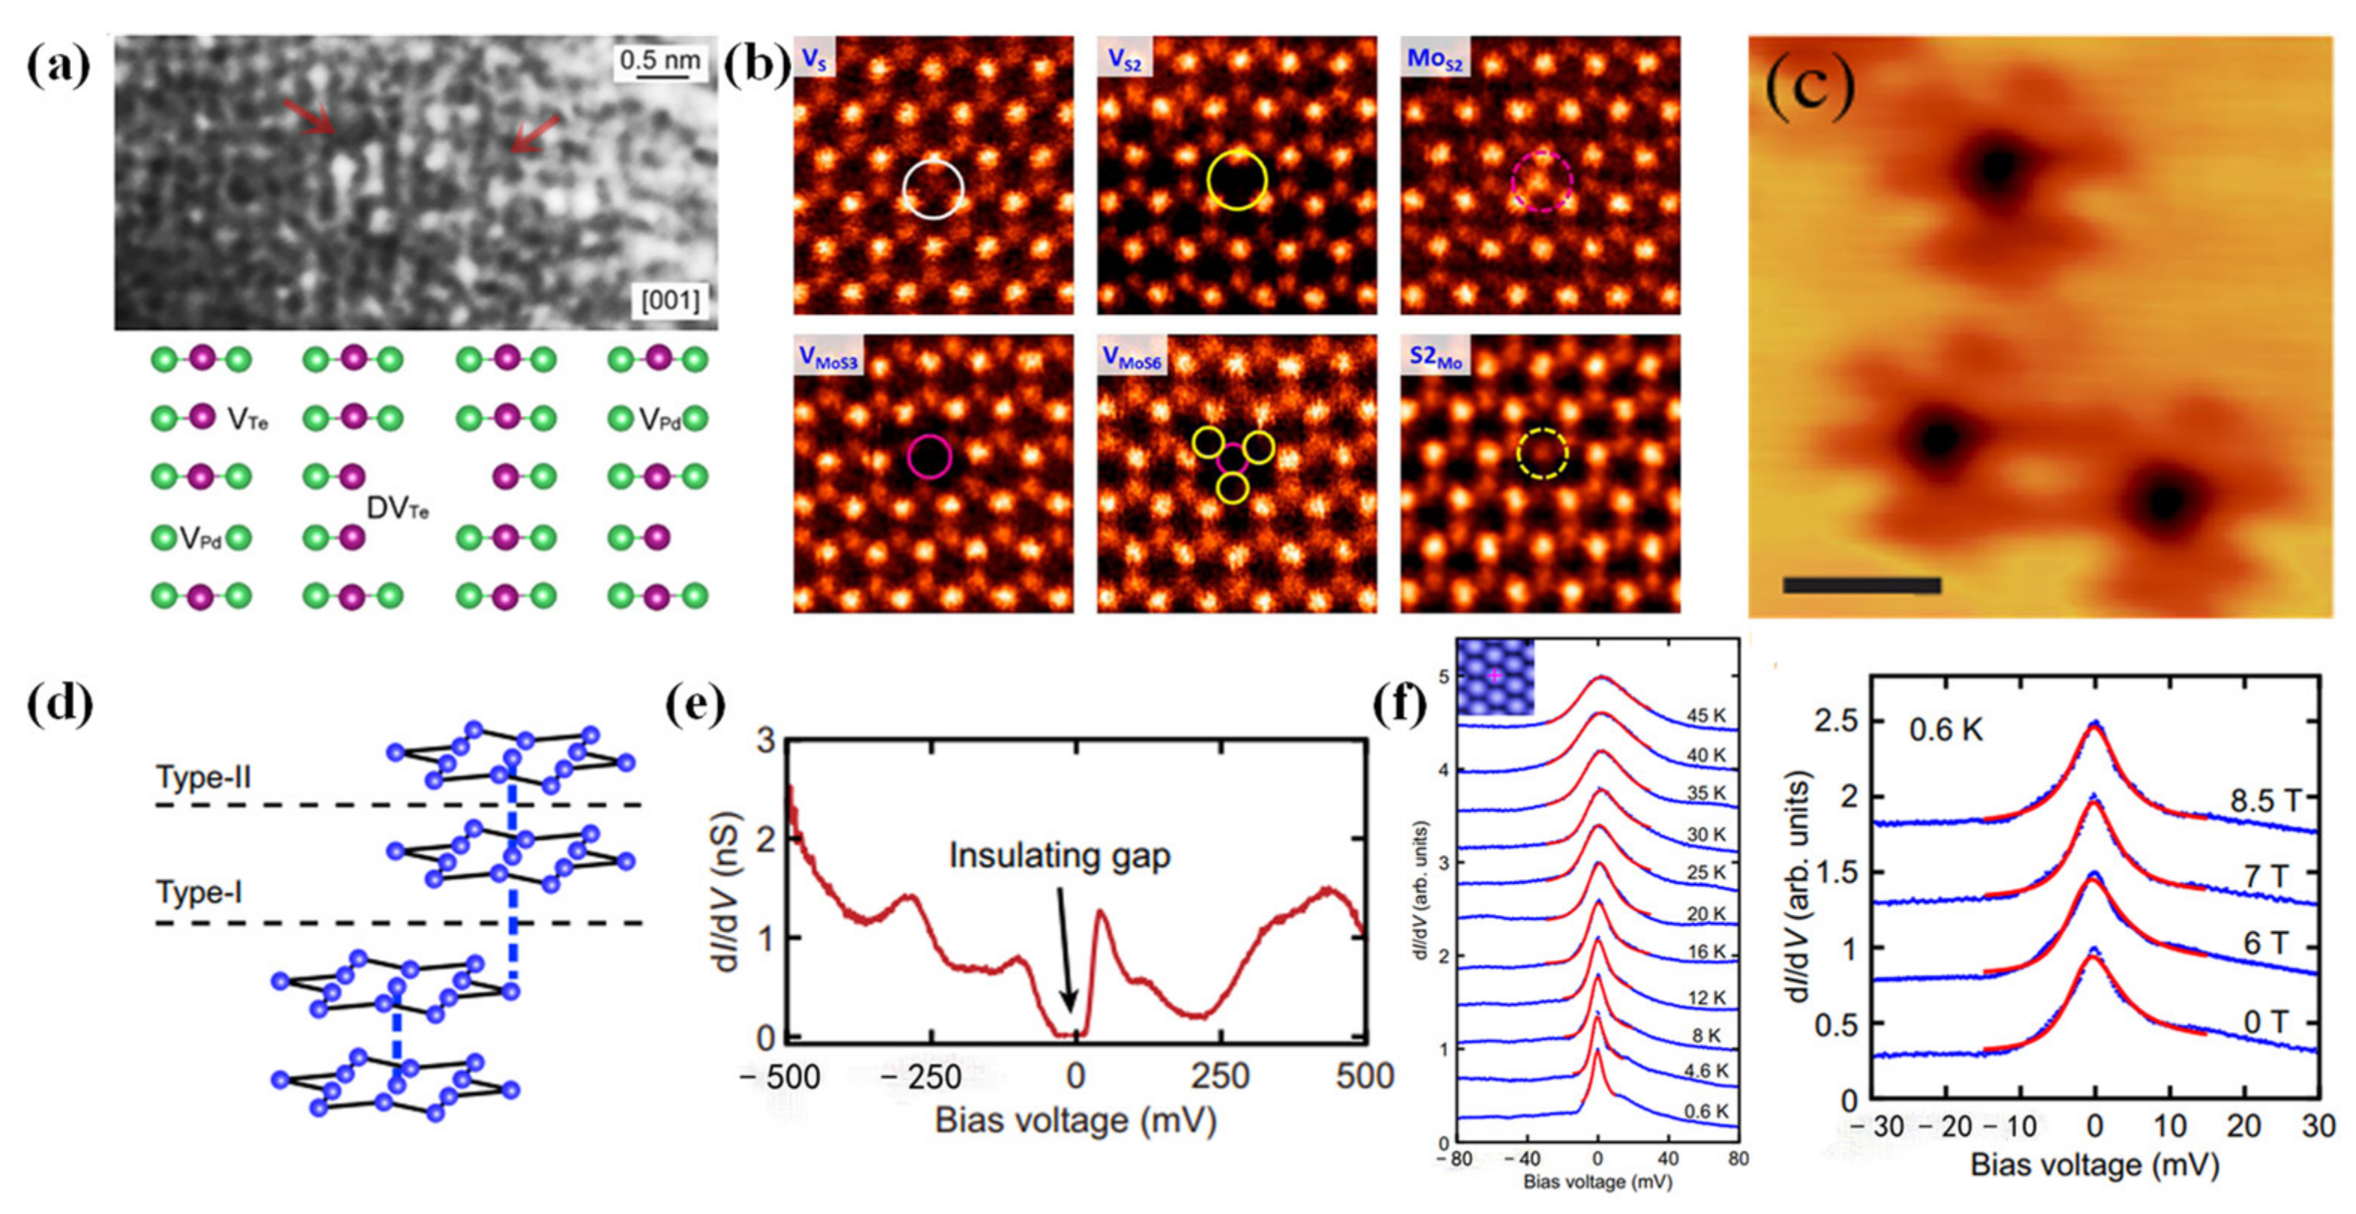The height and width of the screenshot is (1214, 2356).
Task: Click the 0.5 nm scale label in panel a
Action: [659, 61]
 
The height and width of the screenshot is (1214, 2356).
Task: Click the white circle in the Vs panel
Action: [933, 190]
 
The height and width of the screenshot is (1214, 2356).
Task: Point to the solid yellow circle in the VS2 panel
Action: [1236, 180]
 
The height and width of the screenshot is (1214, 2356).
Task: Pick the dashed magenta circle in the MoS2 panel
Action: [1542, 181]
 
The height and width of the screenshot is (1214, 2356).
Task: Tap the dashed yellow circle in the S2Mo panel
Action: [1543, 453]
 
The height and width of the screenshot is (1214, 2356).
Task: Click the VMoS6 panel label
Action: [1132, 357]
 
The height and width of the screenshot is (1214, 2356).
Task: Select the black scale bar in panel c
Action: [1861, 585]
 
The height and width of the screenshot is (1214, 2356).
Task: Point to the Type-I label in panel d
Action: [199, 891]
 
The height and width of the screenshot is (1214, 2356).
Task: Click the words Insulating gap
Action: [1059, 855]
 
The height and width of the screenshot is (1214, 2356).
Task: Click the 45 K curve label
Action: [1706, 716]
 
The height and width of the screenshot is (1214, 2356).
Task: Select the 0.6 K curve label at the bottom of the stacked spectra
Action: [1706, 1111]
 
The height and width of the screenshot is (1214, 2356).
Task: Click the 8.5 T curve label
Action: [2264, 800]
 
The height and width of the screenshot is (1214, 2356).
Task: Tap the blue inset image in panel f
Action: [1494, 677]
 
